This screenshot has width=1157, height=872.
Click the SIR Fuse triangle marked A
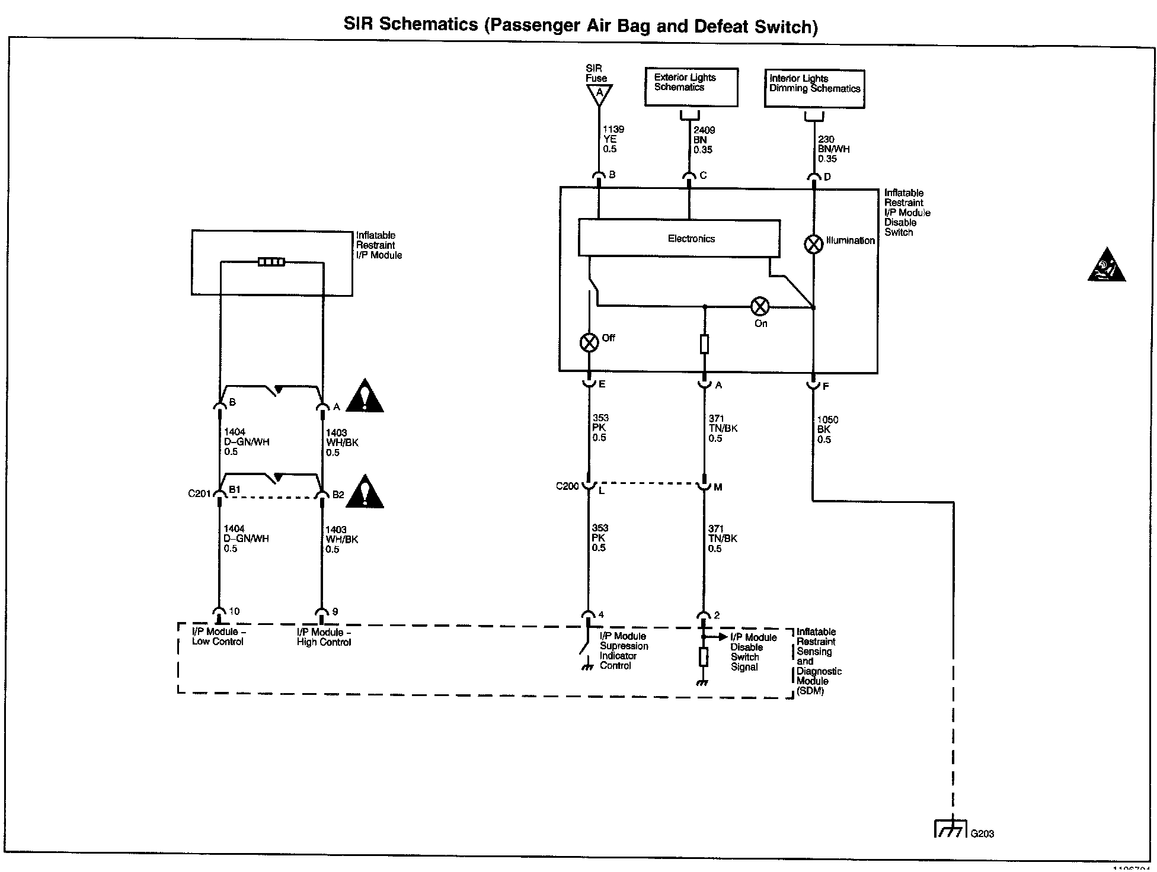tap(599, 94)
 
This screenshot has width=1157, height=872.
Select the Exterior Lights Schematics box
tap(691, 87)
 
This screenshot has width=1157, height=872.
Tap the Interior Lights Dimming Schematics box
tap(814, 89)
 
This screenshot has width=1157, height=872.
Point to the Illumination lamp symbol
tap(814, 243)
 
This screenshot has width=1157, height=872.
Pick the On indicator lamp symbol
tap(760, 306)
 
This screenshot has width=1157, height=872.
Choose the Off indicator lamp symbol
tap(589, 342)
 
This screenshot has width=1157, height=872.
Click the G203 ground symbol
tap(951, 828)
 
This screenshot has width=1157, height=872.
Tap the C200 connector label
tap(567, 486)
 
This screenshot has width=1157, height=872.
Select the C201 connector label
tap(199, 493)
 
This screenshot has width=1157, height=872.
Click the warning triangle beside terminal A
tap(365, 396)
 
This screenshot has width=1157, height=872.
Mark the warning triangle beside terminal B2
tap(365, 492)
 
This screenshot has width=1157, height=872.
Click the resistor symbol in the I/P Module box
tap(271, 262)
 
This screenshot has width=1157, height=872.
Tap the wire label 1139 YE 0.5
tap(613, 139)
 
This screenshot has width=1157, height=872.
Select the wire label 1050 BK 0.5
tap(827, 429)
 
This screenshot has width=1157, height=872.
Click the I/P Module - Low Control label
tap(218, 636)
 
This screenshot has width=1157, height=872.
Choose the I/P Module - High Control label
tap(324, 637)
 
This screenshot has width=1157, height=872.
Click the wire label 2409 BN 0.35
tap(704, 140)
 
